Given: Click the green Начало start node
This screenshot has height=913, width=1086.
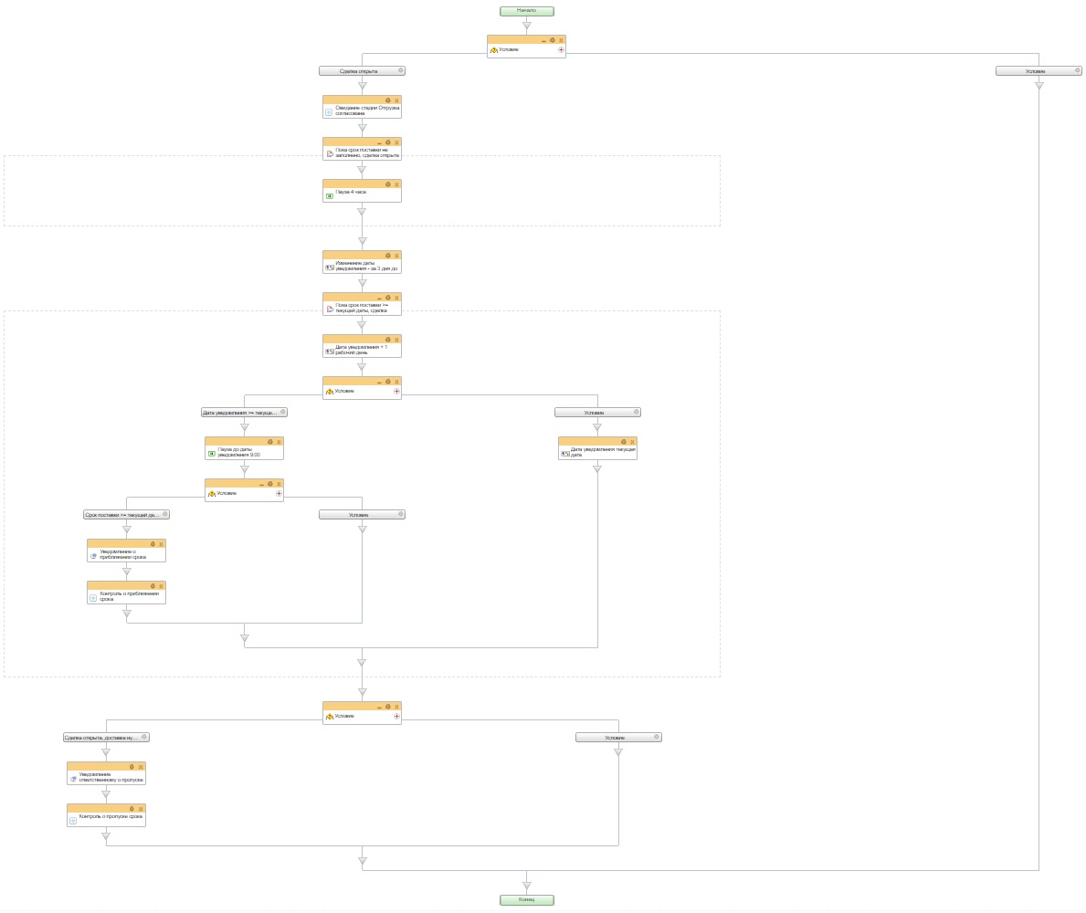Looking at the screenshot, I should (526, 11).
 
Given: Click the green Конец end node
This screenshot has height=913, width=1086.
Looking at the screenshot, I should (526, 899).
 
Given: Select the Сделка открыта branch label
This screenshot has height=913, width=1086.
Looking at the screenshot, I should (360, 70).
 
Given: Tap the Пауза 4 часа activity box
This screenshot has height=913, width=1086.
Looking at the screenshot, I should (362, 194).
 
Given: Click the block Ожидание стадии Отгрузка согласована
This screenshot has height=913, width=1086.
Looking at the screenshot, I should (362, 110).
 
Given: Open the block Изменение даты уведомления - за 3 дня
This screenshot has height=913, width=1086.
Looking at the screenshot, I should (362, 266).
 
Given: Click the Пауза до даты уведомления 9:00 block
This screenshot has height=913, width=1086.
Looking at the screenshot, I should (244, 452).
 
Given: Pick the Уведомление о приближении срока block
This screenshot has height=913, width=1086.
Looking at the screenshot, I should (126, 554).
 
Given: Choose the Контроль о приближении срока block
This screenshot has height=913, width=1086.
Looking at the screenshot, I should (126, 596).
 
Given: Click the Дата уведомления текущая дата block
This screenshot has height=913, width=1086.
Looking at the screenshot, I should (597, 452).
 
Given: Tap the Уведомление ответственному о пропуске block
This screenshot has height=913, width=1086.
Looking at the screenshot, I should (106, 777).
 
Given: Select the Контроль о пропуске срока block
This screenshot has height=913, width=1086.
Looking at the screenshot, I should (106, 819).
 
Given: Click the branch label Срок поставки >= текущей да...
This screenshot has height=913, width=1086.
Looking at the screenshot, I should (123, 515).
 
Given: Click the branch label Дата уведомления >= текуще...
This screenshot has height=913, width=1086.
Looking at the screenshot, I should (241, 413).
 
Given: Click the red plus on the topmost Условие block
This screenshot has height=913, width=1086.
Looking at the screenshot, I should (561, 50).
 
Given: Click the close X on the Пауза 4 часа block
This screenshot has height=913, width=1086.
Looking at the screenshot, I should (396, 184).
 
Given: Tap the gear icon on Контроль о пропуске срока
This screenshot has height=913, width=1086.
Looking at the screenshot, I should (132, 808).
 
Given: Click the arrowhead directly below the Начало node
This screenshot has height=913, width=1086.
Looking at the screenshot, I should (526, 26).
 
